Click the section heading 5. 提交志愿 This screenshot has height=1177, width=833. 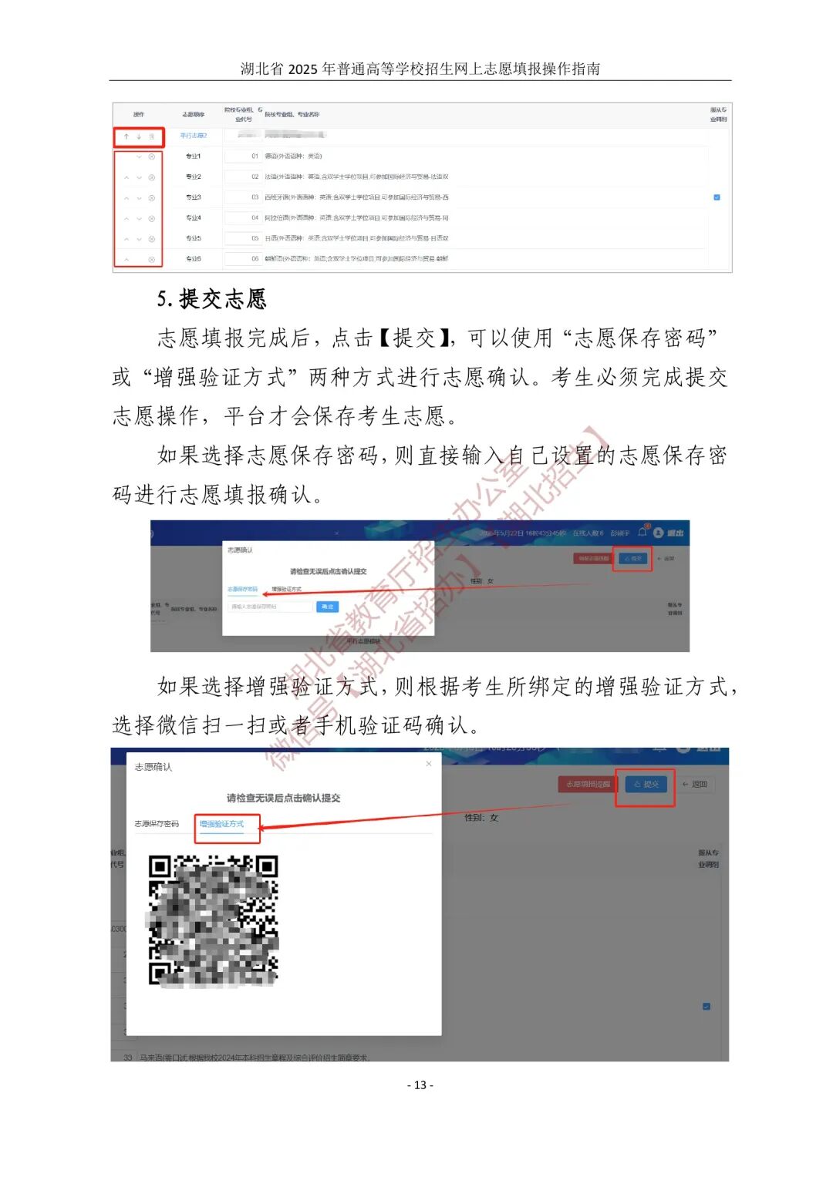pyautogui.click(x=211, y=299)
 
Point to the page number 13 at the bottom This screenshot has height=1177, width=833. pyautogui.click(x=420, y=1085)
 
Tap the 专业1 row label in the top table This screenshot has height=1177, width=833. pyautogui.click(x=193, y=156)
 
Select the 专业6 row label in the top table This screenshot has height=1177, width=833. pyautogui.click(x=193, y=259)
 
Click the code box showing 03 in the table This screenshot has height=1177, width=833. pyautogui.click(x=245, y=197)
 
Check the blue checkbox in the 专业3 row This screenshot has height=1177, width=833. pyautogui.click(x=717, y=197)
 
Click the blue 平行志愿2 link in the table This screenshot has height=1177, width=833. pyautogui.click(x=193, y=136)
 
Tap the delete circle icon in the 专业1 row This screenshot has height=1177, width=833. pyautogui.click(x=151, y=156)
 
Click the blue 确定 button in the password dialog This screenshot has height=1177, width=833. pyautogui.click(x=327, y=607)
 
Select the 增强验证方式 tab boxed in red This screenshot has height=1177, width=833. pyautogui.click(x=222, y=824)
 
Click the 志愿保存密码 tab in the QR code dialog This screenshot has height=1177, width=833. pyautogui.click(x=157, y=824)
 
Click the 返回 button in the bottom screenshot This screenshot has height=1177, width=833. pyautogui.click(x=695, y=784)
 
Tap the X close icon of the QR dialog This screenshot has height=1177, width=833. pyautogui.click(x=429, y=764)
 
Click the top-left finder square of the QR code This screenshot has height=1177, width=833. pyautogui.click(x=160, y=866)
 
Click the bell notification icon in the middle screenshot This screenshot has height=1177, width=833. pyautogui.click(x=642, y=532)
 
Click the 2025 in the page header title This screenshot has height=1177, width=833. pyautogui.click(x=302, y=69)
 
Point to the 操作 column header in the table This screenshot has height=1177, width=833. pyautogui.click(x=139, y=114)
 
